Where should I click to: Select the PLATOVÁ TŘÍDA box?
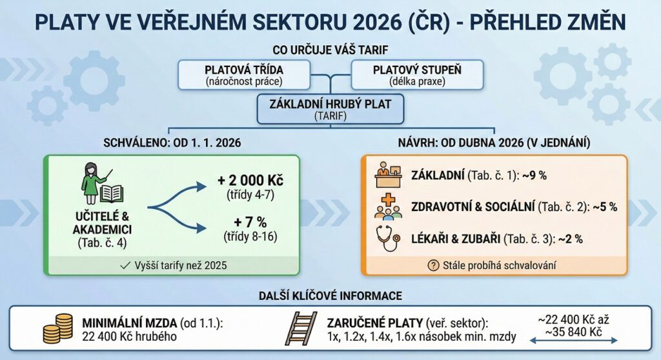point(244,75)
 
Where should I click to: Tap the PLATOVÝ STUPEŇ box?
point(418,75)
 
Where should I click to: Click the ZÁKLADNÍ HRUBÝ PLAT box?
point(330,109)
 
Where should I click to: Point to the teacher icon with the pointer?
point(95,183)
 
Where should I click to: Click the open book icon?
point(112,194)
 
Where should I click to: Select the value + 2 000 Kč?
point(250,181)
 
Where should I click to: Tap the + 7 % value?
point(250,222)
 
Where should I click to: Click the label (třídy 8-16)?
point(250,237)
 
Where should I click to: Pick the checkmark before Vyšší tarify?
point(125,266)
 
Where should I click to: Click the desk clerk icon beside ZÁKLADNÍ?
point(388,175)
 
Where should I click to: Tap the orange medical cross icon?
point(388,199)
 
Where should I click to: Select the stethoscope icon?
point(388,239)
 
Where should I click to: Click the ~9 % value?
point(534,175)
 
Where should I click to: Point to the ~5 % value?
point(605,207)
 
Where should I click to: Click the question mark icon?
point(433,266)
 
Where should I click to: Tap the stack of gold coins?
point(57,328)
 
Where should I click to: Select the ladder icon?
point(301,329)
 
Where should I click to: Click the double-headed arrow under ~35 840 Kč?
point(573,341)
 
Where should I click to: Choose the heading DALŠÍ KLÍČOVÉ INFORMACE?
point(330,296)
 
